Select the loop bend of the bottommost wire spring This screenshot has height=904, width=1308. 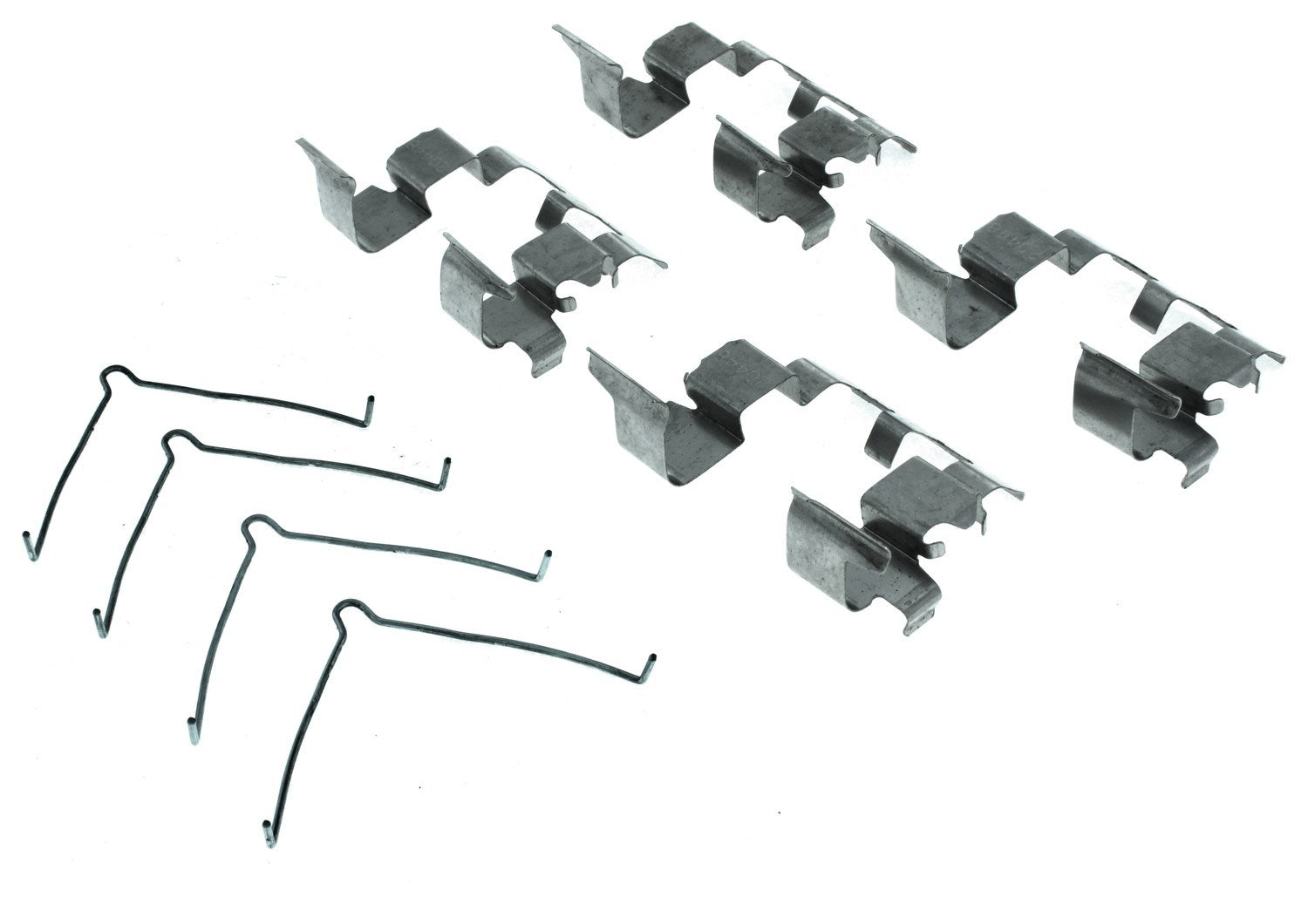[x=347, y=608]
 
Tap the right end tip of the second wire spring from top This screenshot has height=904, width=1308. [x=446, y=464]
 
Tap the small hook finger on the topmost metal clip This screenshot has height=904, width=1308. [x=835, y=180]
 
